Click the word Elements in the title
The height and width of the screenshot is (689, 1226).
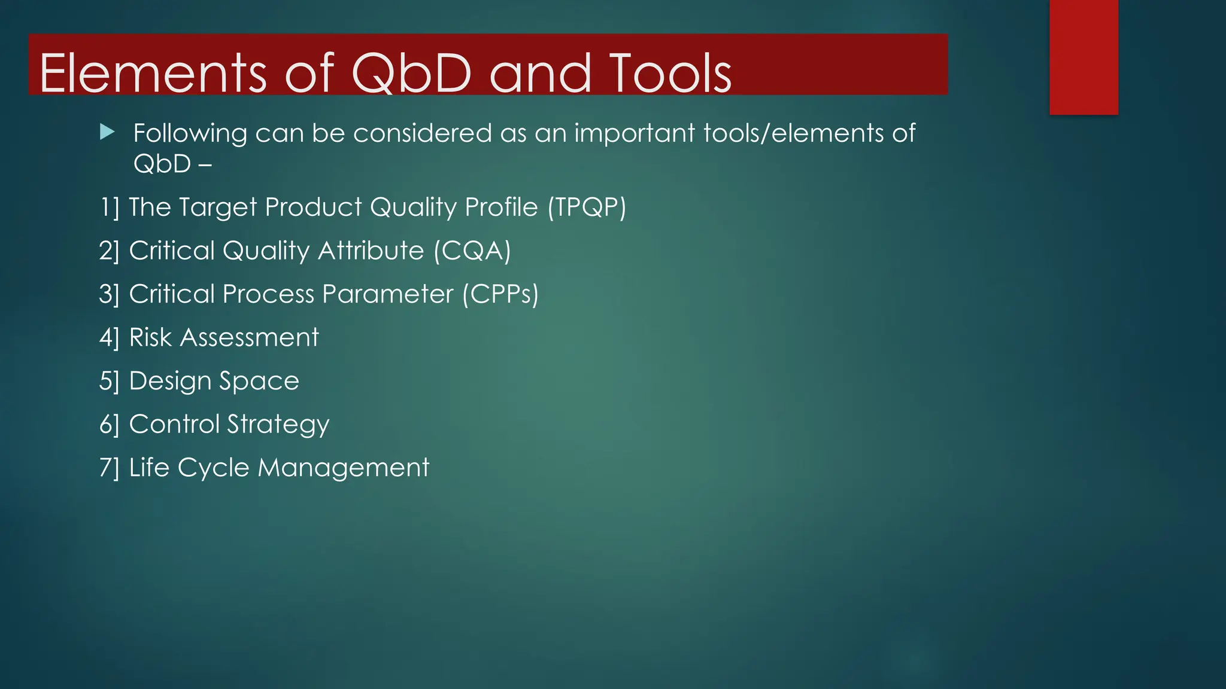153,73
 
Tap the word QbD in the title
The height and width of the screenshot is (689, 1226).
412,73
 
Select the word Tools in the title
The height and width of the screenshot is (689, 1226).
670,73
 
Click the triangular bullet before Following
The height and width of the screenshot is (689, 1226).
107,132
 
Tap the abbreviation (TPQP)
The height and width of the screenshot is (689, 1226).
587,208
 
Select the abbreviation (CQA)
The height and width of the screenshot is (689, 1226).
472,251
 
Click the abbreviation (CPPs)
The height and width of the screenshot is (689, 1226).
500,294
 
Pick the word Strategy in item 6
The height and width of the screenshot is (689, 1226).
278,425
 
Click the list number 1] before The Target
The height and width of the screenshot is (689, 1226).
110,208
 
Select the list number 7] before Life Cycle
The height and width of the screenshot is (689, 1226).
110,468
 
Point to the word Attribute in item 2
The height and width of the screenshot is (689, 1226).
371,251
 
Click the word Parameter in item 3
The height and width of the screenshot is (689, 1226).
387,294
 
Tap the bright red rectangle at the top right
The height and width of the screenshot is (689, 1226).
1084,57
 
